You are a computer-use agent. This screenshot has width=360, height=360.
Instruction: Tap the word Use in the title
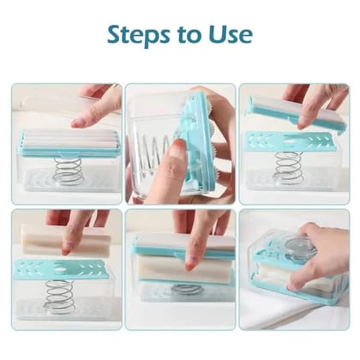pos(229,34)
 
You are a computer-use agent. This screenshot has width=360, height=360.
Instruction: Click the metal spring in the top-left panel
pos(68,170)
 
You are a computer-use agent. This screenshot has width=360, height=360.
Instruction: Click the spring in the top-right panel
pos(289,168)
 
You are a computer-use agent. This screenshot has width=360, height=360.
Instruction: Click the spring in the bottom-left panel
pos(60,295)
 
